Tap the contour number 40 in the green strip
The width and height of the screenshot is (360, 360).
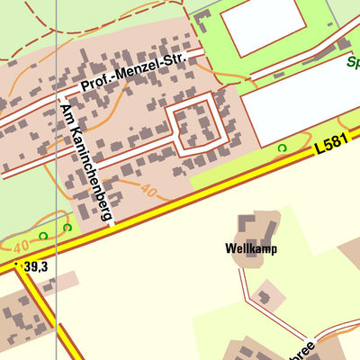(21, 244)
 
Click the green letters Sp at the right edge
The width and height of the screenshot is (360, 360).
(353, 64)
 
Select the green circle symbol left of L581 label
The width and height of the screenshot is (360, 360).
(282, 147)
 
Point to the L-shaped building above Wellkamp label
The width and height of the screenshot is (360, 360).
(253, 225)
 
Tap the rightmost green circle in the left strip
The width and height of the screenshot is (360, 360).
(67, 227)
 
